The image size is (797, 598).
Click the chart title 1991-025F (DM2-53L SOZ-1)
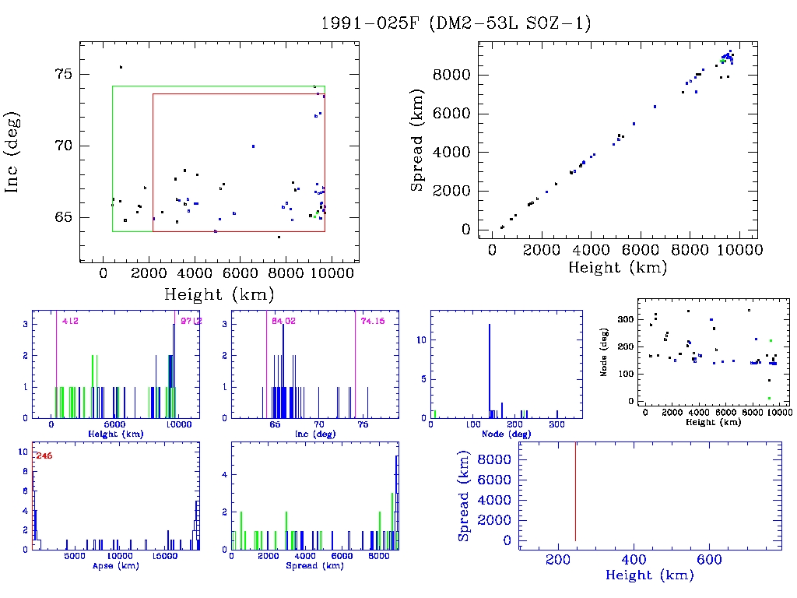pos(456,23)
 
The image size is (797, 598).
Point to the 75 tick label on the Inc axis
pos(62,74)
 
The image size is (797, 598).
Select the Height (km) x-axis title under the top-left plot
pos(219,294)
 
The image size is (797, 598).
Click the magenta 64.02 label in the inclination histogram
pos(280,321)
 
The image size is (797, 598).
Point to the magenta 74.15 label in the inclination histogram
pos(370,321)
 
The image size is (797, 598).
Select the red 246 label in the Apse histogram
pos(44,456)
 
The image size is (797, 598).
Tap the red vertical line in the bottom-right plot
pos(575,491)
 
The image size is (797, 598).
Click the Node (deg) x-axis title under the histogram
pos(506,434)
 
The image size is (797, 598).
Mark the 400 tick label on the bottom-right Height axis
pos(635,560)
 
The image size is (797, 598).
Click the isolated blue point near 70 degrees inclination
pos(253,146)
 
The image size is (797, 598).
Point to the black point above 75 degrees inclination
pos(121,67)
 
